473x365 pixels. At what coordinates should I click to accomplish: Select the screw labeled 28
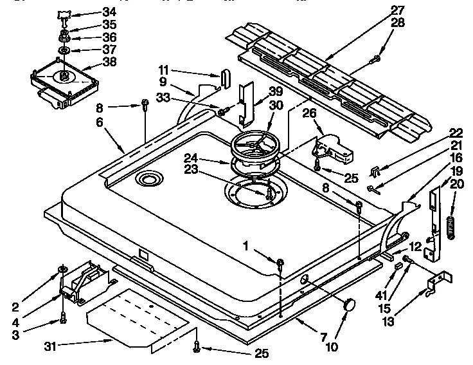point(377,59)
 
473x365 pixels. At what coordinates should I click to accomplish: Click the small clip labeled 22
point(376,171)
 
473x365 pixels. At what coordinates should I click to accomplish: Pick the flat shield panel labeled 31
point(138,319)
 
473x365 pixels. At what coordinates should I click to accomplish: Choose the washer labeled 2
point(64,268)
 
